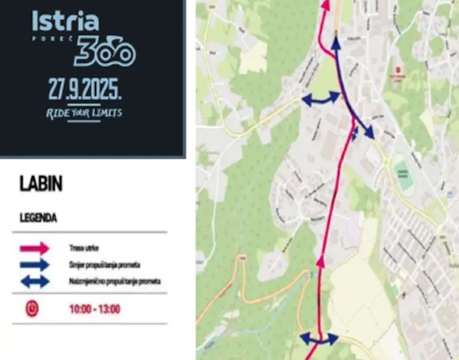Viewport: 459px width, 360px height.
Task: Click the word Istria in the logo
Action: click(65, 22)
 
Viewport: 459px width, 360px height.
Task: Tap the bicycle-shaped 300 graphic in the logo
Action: click(104, 53)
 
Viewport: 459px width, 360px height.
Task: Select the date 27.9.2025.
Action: click(85, 90)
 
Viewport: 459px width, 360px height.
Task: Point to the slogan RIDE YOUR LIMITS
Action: click(84, 113)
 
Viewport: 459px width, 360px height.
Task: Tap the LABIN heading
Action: click(41, 184)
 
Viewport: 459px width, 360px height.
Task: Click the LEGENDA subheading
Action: click(38, 217)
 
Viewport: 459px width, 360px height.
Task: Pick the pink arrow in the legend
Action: click(35, 248)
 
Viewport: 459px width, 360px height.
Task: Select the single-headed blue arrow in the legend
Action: click(35, 265)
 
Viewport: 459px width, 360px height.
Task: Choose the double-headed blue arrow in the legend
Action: click(35, 281)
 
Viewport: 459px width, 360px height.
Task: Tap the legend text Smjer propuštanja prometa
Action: click(104, 265)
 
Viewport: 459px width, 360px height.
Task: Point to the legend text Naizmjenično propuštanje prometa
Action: click(115, 281)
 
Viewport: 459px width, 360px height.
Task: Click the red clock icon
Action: click(32, 309)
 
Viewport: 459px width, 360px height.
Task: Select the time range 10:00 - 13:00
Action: click(95, 309)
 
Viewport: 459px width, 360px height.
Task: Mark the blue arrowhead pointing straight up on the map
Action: click(335, 43)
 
